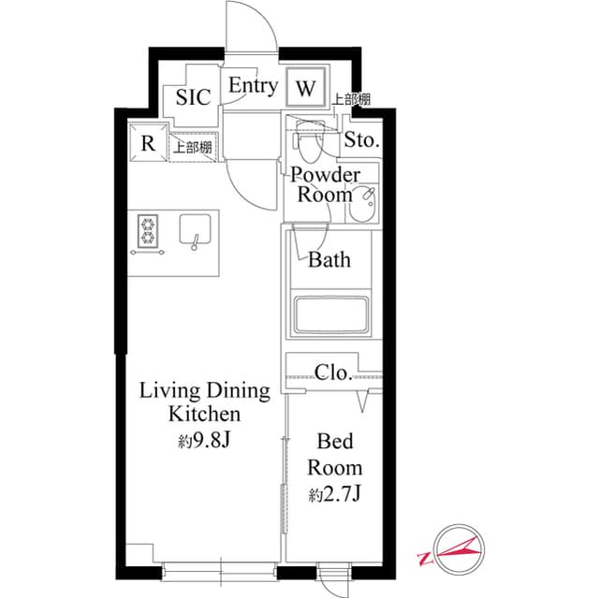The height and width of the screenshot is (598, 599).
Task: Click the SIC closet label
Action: (x=193, y=96)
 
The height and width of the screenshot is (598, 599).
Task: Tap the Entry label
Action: (x=254, y=86)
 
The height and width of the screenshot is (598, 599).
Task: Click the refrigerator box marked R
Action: (x=147, y=143)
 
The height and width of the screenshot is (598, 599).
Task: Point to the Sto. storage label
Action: (x=361, y=141)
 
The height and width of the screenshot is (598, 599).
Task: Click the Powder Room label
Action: (x=325, y=184)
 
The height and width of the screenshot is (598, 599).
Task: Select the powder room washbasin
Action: (x=361, y=202)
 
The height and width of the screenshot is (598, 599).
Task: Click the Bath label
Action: (x=329, y=259)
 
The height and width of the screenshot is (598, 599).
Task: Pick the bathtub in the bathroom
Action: (x=332, y=315)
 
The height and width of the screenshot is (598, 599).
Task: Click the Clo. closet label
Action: (x=333, y=372)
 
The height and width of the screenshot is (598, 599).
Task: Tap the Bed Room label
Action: (x=337, y=454)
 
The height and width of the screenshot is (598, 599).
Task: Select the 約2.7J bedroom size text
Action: (x=335, y=493)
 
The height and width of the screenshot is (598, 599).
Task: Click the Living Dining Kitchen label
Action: (x=205, y=401)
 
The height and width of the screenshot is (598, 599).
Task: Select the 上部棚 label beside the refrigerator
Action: (x=192, y=146)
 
